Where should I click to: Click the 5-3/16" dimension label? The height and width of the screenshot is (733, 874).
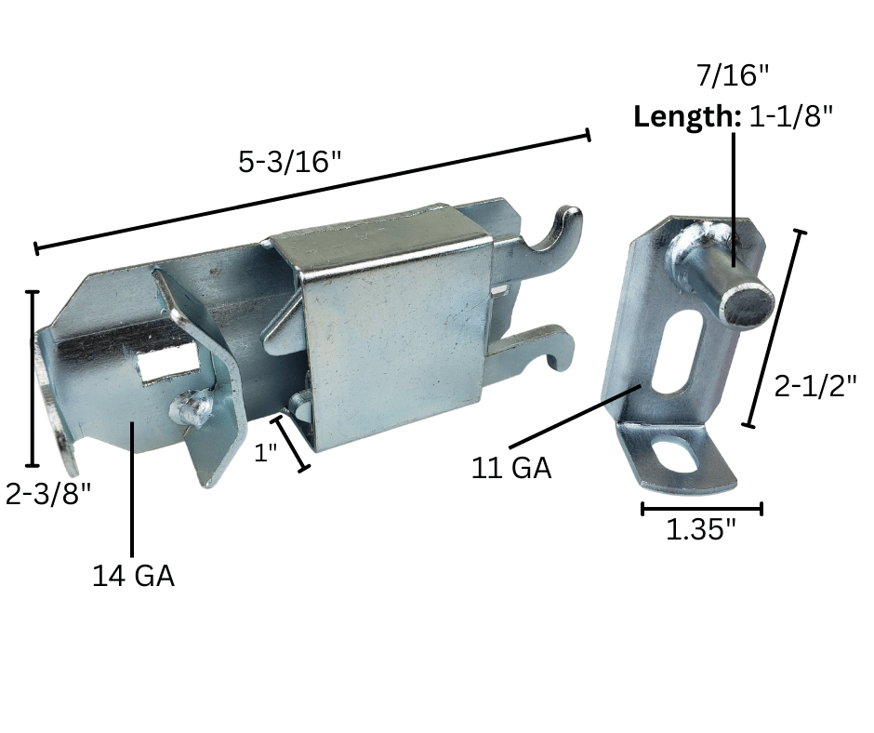[289, 163]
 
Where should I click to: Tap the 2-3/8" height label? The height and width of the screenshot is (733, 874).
[48, 493]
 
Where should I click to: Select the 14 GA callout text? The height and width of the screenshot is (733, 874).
[133, 576]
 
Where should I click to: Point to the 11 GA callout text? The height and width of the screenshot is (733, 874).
[511, 468]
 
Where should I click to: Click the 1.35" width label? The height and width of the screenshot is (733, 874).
[701, 529]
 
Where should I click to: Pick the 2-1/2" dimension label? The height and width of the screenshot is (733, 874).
[815, 385]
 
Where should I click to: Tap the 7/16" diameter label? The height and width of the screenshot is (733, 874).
[733, 74]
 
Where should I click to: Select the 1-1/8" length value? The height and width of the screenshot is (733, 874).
[791, 116]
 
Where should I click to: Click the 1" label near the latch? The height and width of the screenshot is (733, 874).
[265, 452]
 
